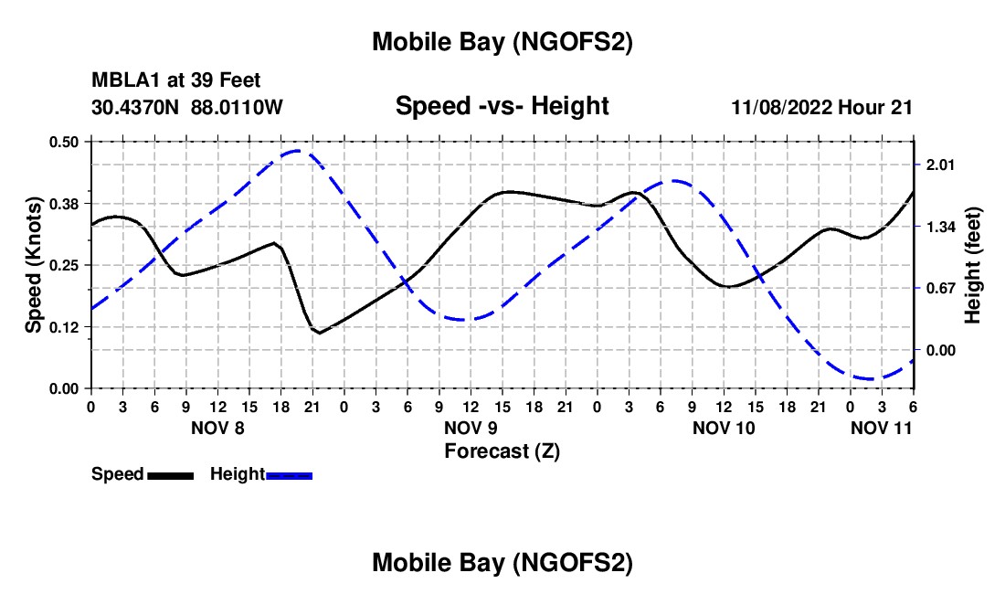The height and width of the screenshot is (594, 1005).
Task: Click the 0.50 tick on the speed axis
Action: [x=66, y=142]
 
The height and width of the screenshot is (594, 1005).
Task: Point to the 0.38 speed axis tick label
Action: [x=66, y=203]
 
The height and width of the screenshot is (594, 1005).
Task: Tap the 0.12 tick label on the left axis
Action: [x=66, y=327]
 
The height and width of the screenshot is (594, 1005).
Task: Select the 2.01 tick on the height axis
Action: [x=940, y=164]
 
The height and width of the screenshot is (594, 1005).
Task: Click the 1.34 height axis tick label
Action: [x=940, y=227]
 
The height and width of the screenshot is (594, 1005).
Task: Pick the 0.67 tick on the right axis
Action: [x=940, y=289]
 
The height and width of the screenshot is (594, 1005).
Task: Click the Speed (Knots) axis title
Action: [x=34, y=265]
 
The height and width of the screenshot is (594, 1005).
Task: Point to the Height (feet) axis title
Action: [x=973, y=265]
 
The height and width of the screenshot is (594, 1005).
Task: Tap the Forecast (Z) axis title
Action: [x=502, y=451]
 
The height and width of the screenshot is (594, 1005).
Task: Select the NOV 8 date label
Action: [x=217, y=428]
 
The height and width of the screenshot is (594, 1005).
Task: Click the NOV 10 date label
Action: [x=725, y=428]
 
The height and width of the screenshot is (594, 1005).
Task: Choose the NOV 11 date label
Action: [x=882, y=428]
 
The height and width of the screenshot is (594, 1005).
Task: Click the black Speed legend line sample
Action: [x=170, y=475]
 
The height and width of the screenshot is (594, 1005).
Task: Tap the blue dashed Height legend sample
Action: [x=290, y=475]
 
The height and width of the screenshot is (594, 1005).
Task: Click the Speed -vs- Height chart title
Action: [x=502, y=106]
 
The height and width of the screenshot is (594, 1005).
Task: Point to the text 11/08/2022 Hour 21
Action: [x=821, y=108]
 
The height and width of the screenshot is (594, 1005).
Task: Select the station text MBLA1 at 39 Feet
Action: [x=175, y=81]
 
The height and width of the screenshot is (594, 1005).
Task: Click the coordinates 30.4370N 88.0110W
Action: [x=187, y=108]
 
